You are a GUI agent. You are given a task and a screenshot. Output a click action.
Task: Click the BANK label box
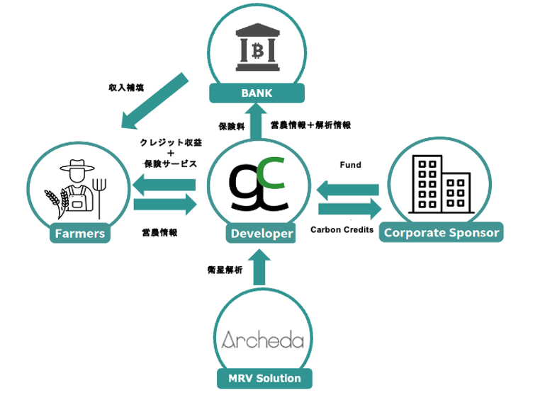click(256, 93)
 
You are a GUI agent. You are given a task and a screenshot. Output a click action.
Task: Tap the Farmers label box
click(80, 234)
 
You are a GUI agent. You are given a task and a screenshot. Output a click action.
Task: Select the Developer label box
click(261, 234)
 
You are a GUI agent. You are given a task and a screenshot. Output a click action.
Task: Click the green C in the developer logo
click(275, 174)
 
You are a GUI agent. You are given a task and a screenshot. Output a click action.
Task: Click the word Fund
click(350, 165)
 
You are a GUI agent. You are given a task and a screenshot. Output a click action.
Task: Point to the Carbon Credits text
click(342, 229)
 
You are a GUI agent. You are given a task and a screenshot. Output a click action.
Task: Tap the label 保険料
click(231, 125)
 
